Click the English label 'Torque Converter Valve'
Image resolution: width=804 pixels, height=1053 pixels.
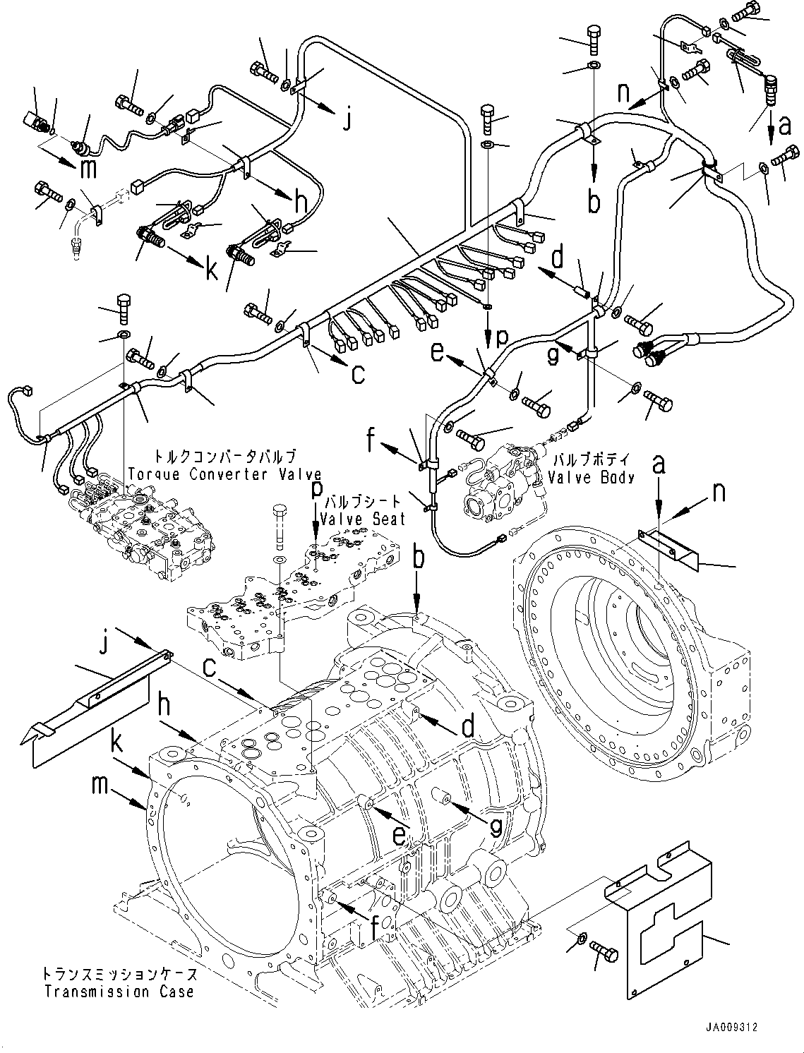(224, 474)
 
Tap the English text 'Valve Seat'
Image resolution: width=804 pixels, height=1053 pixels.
(363, 519)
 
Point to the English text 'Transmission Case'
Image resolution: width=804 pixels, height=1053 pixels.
(119, 992)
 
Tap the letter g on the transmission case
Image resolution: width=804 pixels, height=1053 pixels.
(496, 824)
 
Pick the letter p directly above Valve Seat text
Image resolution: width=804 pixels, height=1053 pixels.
(317, 488)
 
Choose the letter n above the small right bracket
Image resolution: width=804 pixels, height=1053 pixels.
(719, 492)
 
